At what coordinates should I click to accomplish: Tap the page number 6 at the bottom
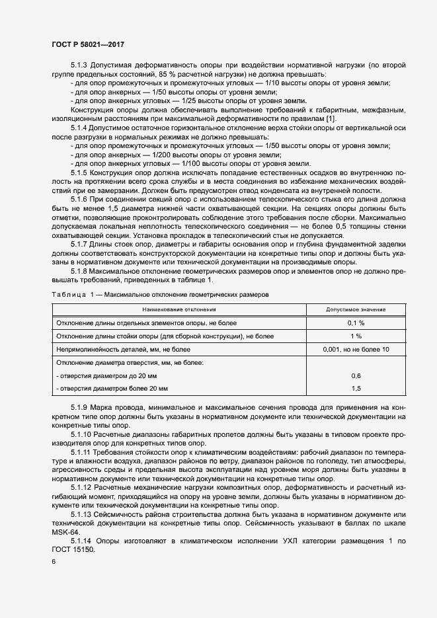(54, 561)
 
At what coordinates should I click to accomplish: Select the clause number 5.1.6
(81, 200)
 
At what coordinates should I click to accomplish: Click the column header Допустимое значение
(356, 309)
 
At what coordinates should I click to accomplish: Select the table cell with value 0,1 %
(356, 323)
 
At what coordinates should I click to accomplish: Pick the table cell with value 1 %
(356, 336)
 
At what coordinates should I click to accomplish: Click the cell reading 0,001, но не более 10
(356, 349)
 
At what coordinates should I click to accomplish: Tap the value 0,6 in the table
(356, 375)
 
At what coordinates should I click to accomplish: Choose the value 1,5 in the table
(356, 388)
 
